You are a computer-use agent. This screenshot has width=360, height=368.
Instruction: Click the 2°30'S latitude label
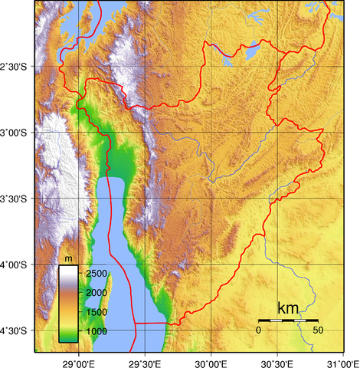15,67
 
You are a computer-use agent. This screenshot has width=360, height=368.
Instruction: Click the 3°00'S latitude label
15,133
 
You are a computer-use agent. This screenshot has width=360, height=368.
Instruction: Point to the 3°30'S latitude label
15,199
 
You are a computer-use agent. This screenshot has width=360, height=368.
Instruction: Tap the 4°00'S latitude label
15,265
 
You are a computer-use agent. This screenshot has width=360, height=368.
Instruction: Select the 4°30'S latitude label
15,331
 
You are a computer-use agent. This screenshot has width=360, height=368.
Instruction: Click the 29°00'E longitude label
77,360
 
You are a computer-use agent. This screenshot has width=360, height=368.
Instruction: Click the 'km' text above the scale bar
288,308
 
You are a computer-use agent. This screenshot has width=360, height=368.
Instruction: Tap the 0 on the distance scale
258,330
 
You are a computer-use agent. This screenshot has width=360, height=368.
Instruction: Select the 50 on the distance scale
317,330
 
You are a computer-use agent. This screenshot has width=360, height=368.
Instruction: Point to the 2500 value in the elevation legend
96,274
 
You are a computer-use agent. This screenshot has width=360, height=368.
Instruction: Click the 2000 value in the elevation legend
96,293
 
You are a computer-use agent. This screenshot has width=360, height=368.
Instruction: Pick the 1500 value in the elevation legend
96,312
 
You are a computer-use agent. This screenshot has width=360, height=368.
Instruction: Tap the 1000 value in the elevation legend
96,331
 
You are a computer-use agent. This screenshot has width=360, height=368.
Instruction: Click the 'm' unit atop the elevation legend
68,258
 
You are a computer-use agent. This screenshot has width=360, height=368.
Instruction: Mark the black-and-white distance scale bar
288,319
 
